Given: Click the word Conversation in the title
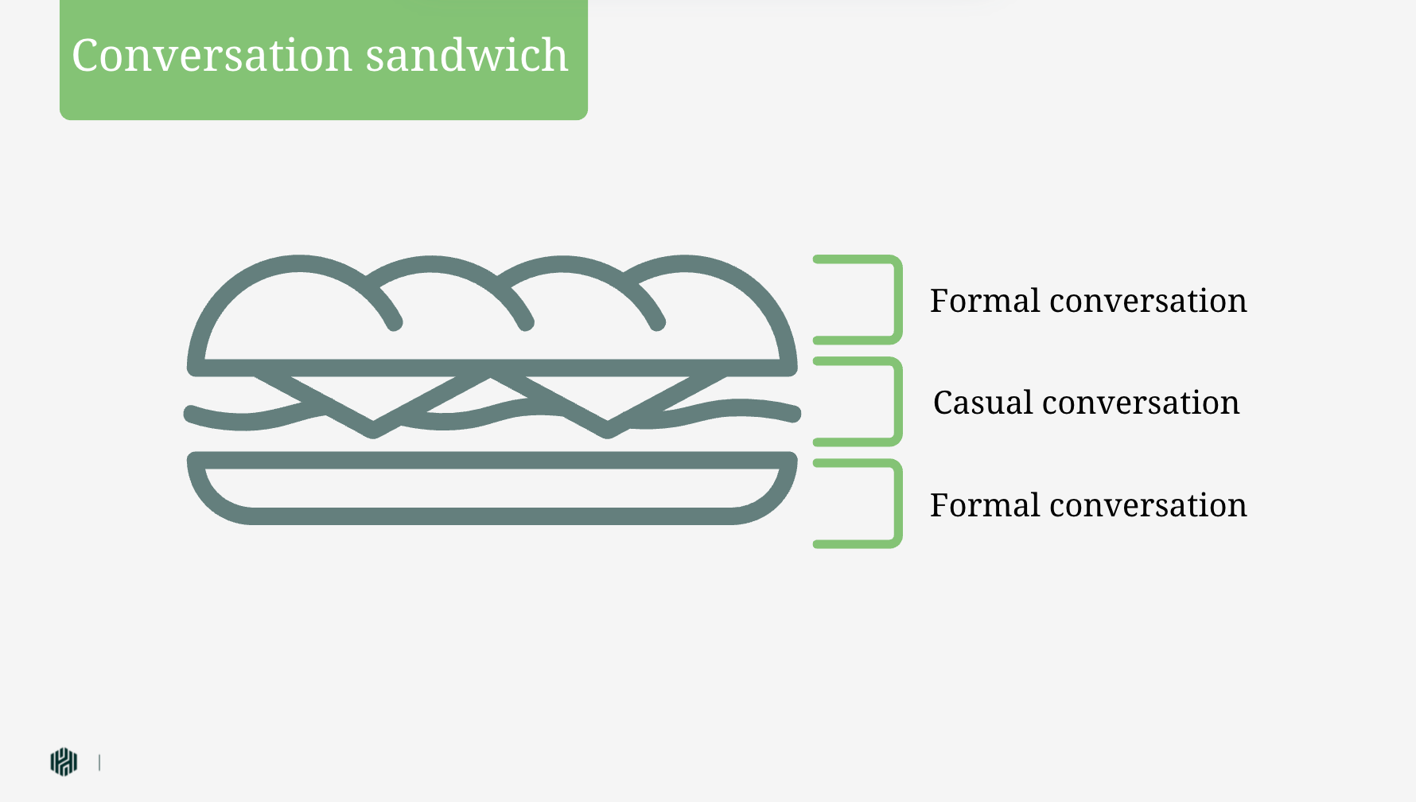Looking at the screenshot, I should pyautogui.click(x=212, y=56).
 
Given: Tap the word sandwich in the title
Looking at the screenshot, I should pyautogui.click(x=467, y=56).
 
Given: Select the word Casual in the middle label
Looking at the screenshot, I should pyautogui.click(x=983, y=403).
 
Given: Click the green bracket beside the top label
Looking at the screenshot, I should pyautogui.click(x=897, y=300).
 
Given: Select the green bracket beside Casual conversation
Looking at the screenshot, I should pyautogui.click(x=897, y=402).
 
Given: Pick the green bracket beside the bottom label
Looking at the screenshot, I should pyautogui.click(x=897, y=504).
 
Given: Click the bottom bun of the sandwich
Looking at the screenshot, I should pyautogui.click(x=492, y=516).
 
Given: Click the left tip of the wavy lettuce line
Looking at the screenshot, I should pyautogui.click(x=192, y=414).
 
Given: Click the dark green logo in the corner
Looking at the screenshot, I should pyautogui.click(x=64, y=761).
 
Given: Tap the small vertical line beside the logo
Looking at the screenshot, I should pyautogui.click(x=99, y=762).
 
